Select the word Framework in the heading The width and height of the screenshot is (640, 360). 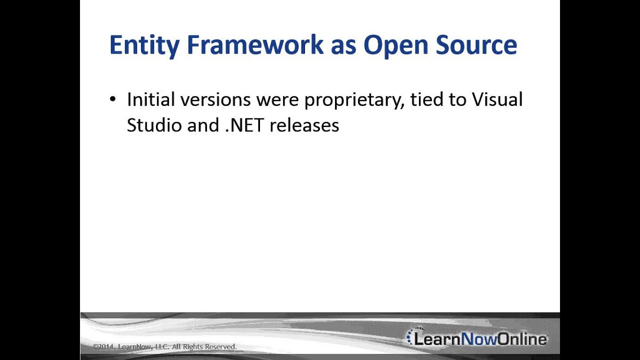pos(255,45)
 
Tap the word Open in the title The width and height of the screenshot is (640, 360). pos(395,45)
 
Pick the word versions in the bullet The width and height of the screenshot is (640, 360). pos(215,99)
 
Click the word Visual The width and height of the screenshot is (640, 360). pos(497,99)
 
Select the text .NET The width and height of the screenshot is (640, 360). pos(244,125)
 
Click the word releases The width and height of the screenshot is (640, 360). pos(304,125)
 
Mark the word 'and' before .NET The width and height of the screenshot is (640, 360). pos(203,125)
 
